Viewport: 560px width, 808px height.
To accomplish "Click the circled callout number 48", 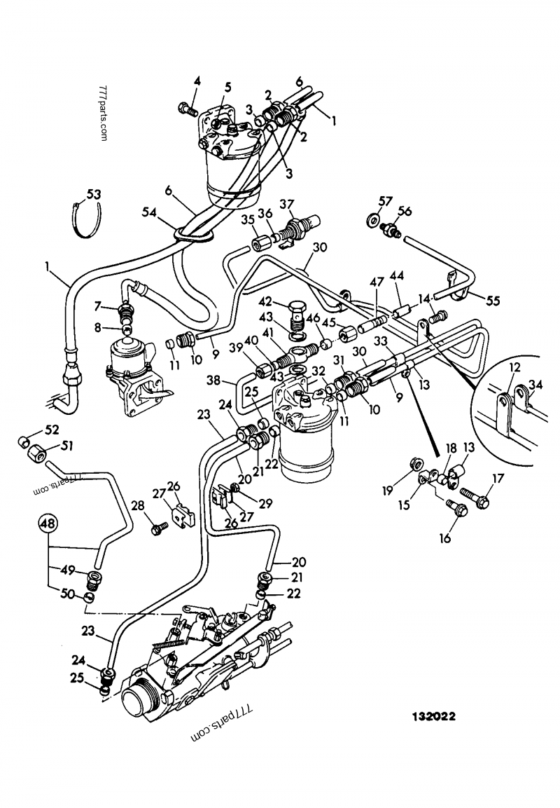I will [48, 522].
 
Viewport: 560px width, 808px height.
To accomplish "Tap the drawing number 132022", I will [433, 717].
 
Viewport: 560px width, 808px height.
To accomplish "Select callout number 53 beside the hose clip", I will [93, 193].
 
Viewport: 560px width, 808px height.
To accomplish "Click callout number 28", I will [139, 506].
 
